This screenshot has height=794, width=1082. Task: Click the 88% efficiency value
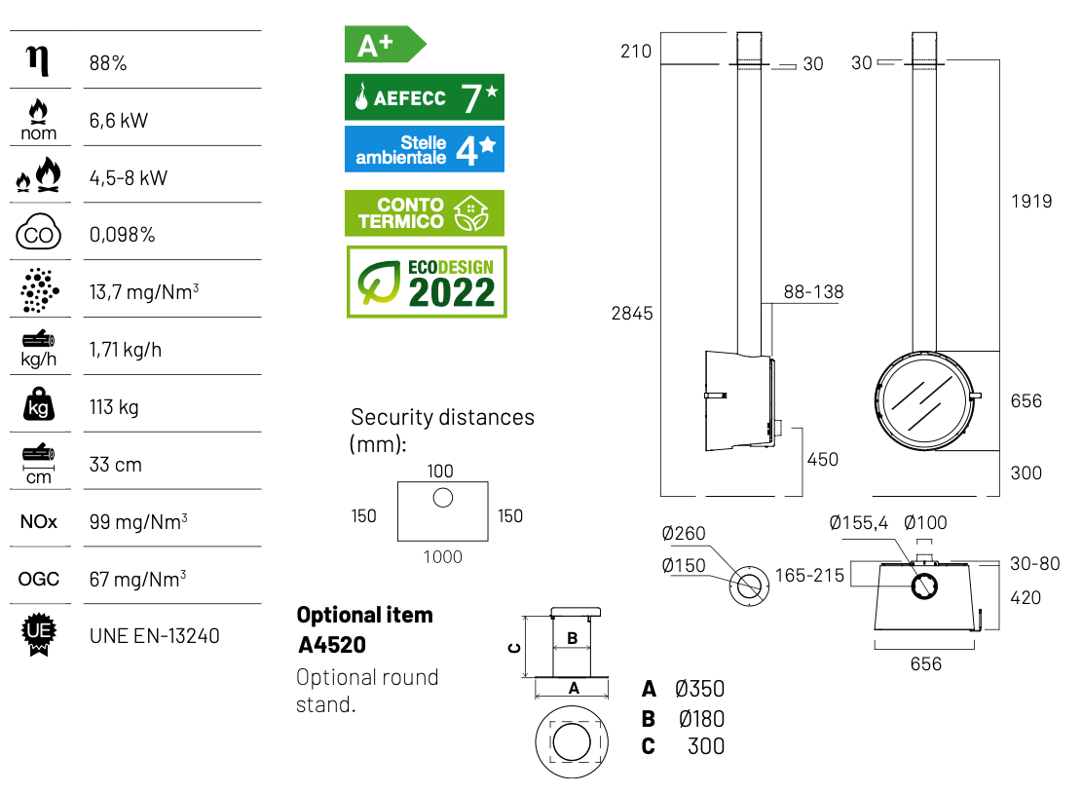point(107,64)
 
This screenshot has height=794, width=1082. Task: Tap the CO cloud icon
point(38,235)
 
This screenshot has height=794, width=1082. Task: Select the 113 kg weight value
point(114,407)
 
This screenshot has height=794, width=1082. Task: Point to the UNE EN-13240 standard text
point(154,636)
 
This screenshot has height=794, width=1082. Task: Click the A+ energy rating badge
point(384,45)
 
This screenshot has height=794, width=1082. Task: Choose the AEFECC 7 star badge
point(425,97)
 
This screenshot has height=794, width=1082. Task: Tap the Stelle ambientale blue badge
point(425,149)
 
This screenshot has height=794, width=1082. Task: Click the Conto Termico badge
point(425,213)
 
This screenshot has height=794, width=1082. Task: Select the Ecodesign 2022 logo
point(427,282)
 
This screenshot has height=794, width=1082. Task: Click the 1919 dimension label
point(1031,202)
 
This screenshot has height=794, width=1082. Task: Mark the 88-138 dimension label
point(813,291)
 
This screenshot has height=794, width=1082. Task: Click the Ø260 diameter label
point(683,534)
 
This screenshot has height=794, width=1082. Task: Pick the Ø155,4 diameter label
point(858,523)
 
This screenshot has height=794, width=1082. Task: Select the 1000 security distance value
point(442,557)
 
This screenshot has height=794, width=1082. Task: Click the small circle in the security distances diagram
point(442,498)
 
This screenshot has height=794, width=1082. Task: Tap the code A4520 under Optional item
point(332,645)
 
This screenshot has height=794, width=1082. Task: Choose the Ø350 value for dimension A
point(699,690)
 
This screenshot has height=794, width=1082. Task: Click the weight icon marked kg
point(38,406)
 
